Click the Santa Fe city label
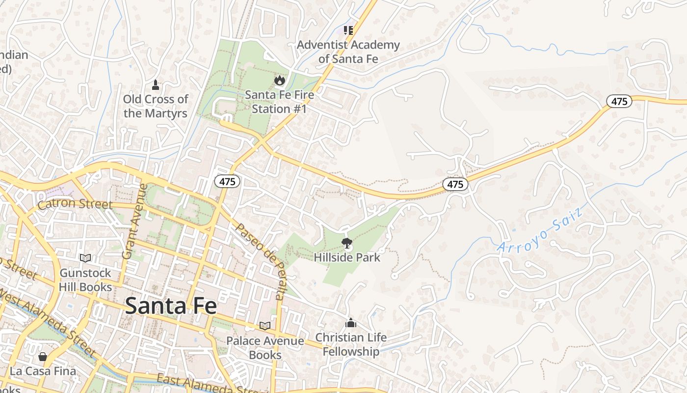[170, 306]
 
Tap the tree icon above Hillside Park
[347, 242]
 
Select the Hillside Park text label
[347, 257]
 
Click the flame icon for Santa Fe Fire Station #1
[279, 80]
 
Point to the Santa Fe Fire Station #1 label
[279, 102]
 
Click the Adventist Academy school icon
[348, 30]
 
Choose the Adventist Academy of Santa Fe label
[348, 52]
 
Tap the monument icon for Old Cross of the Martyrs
[156, 85]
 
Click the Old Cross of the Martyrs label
[156, 106]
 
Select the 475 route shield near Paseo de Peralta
[227, 181]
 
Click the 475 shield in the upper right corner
[619, 101]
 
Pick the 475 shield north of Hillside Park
[455, 184]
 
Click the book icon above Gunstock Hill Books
[85, 258]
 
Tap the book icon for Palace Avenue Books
[265, 326]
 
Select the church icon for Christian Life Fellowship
[351, 323]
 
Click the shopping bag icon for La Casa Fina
[43, 357]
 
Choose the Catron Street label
[75, 204]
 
